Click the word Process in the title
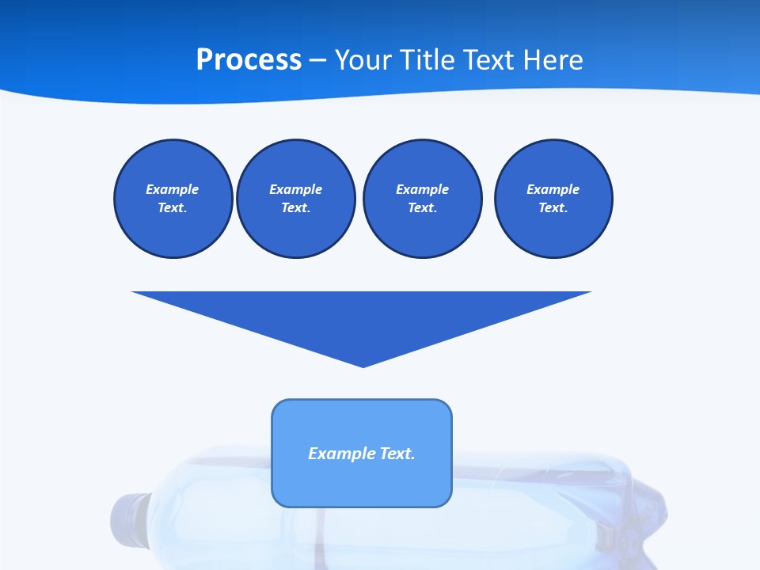(249, 60)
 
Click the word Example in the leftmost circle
(173, 189)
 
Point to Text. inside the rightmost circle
(553, 207)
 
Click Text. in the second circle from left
(295, 207)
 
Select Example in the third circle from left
(422, 189)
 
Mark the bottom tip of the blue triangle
(363, 366)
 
